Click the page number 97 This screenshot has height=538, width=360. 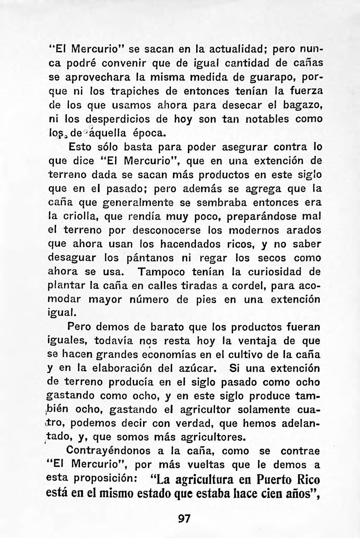tap(184, 519)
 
